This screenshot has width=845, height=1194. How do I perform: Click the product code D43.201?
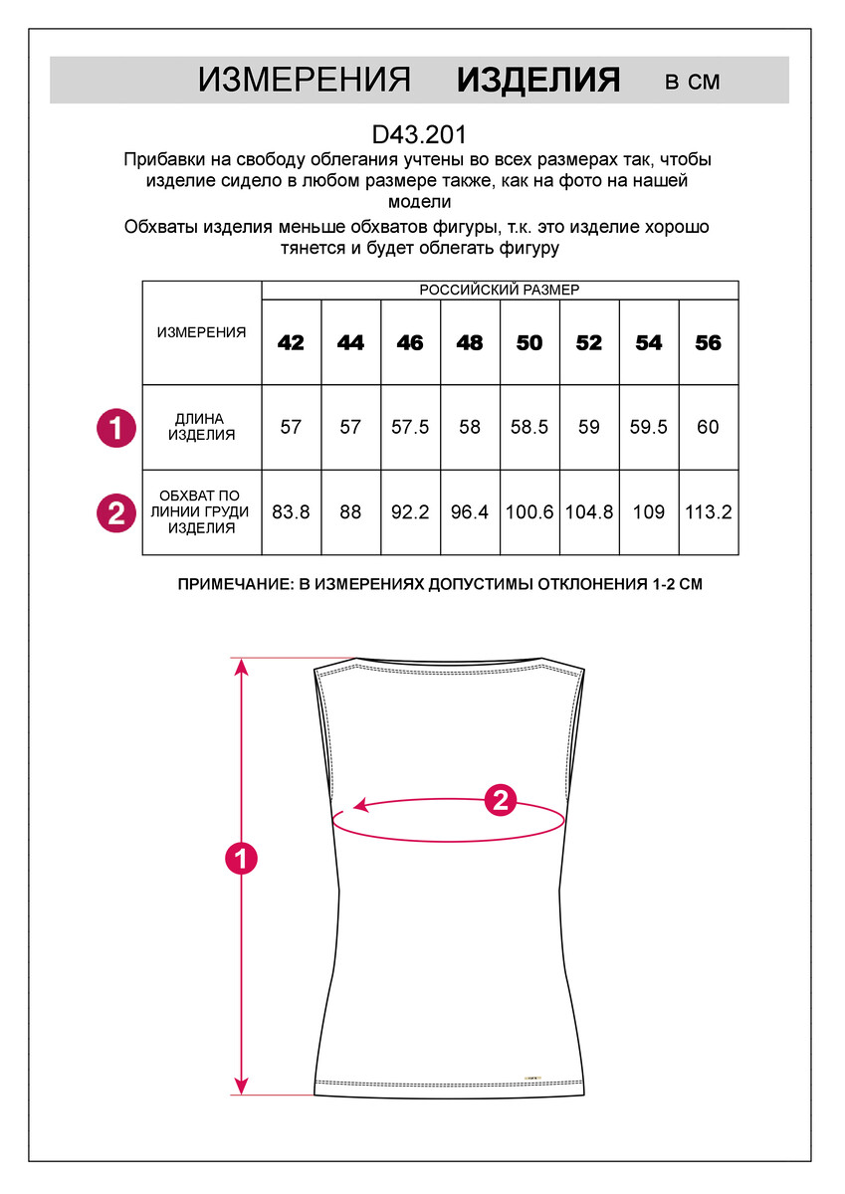pyautogui.click(x=418, y=133)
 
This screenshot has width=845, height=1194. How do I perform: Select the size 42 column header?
pyautogui.click(x=291, y=343)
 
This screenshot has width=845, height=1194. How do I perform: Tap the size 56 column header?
pyautogui.click(x=708, y=343)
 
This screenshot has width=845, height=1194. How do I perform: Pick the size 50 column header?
pyautogui.click(x=529, y=343)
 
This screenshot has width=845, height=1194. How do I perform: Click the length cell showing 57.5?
pyautogui.click(x=410, y=427)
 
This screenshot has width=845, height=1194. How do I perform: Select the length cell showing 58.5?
pyautogui.click(x=529, y=427)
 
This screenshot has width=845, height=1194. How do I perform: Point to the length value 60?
pyautogui.click(x=708, y=427)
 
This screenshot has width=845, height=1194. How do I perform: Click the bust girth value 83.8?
pyautogui.click(x=291, y=512)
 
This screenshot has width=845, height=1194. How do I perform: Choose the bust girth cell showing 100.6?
pyautogui.click(x=529, y=512)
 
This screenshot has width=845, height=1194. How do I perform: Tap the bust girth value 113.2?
pyautogui.click(x=708, y=512)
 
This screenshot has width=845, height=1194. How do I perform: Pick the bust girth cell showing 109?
pyautogui.click(x=648, y=512)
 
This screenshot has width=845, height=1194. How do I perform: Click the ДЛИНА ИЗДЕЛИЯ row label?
pyautogui.click(x=201, y=427)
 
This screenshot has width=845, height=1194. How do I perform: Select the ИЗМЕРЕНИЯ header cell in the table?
pyautogui.click(x=201, y=332)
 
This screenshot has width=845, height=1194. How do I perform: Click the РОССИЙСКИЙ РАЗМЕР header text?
pyautogui.click(x=499, y=290)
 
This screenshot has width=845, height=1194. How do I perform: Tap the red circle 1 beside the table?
pyautogui.click(x=115, y=428)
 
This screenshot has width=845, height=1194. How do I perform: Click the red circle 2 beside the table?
pyautogui.click(x=115, y=512)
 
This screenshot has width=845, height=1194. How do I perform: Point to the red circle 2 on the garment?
pyautogui.click(x=500, y=799)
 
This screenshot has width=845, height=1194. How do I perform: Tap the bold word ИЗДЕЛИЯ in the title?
pyautogui.click(x=538, y=81)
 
